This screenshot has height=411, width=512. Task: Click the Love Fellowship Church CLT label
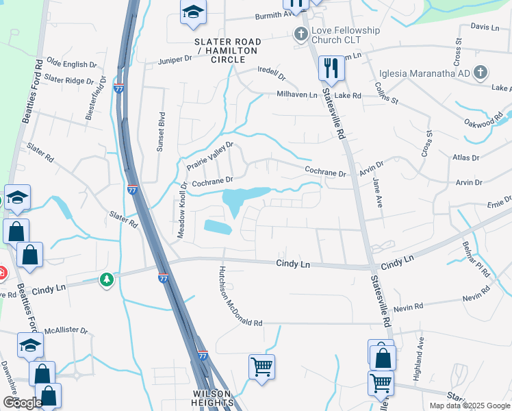point(346,36)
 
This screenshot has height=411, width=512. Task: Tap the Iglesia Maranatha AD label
point(424,73)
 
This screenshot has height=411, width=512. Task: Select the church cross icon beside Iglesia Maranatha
point(481,72)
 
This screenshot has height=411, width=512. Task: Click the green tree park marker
point(106,279)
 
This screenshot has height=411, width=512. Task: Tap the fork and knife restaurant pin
point(331,67)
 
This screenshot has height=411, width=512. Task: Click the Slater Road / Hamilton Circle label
point(228,51)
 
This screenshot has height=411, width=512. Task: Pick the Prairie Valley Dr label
point(210,157)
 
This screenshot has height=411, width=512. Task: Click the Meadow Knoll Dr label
point(182,210)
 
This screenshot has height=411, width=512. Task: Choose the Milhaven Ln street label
point(297,95)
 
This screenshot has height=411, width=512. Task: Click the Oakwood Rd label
point(483,123)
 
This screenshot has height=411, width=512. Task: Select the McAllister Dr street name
point(66,330)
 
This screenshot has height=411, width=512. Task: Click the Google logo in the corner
point(23,403)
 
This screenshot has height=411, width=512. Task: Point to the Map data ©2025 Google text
point(469,406)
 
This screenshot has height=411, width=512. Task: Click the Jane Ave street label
point(377,192)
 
